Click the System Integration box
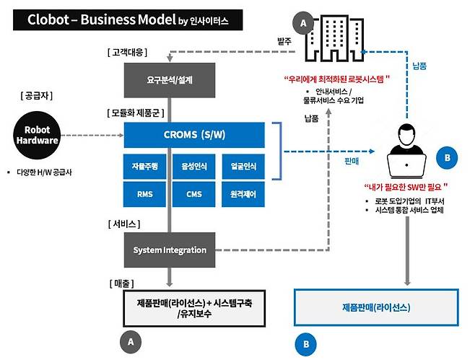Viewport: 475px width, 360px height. (x=170, y=250)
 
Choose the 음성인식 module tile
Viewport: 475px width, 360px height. (x=194, y=167)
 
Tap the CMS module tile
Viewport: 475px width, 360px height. (x=194, y=193)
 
